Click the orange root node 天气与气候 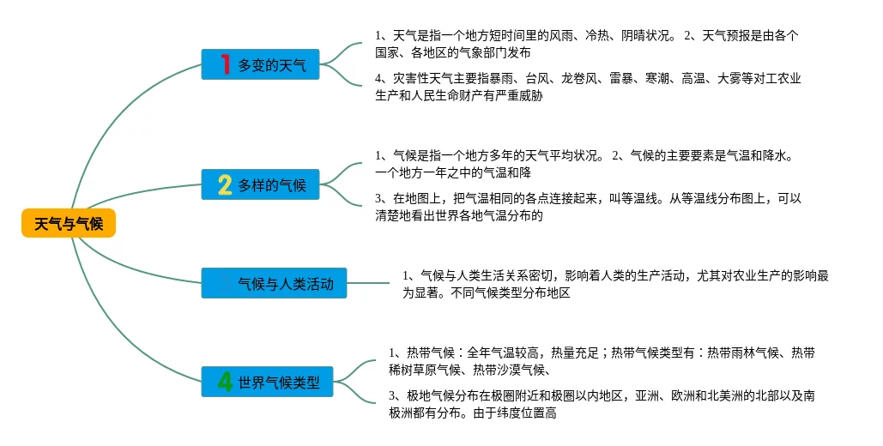tap(69, 224)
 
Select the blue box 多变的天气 tap(261, 64)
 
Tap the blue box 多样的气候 tap(261, 184)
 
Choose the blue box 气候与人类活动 tap(275, 283)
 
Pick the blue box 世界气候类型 tap(268, 382)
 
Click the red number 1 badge tap(225, 64)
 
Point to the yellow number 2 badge tap(225, 184)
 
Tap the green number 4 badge tap(225, 382)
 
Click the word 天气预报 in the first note tap(729, 35)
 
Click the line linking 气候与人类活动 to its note tap(368, 283)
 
